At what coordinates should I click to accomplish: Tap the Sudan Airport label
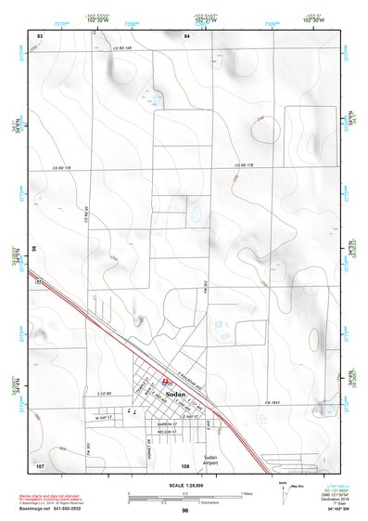209,461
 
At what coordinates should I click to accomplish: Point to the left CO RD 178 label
63,168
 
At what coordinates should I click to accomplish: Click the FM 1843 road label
273,402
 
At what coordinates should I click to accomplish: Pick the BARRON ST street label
167,422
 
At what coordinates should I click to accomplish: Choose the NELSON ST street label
166,432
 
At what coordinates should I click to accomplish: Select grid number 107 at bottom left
40,463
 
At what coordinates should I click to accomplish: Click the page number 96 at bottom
184,511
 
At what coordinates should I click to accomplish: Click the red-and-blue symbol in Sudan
166,381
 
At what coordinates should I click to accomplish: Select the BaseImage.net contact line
59,508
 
